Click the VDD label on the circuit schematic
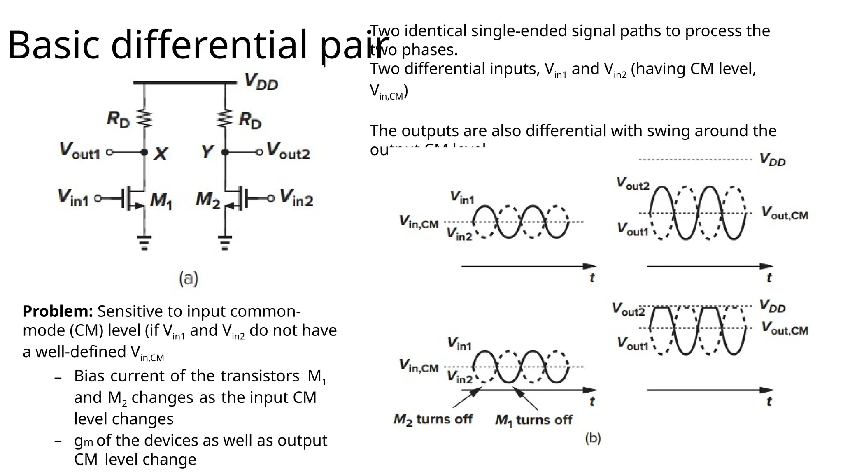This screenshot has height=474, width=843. tap(261, 81)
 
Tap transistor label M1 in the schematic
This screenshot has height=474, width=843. tap(161, 200)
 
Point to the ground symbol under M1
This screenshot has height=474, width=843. tap(144, 243)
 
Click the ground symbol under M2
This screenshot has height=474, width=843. tap(225, 243)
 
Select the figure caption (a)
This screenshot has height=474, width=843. tap(189, 279)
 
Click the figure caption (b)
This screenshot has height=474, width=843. tap(593, 438)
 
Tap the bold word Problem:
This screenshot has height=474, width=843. tap(58, 311)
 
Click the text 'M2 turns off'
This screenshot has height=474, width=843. tap(433, 419)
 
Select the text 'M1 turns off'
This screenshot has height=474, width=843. tap(533, 420)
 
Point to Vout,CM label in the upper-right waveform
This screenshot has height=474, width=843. tap(785, 213)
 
